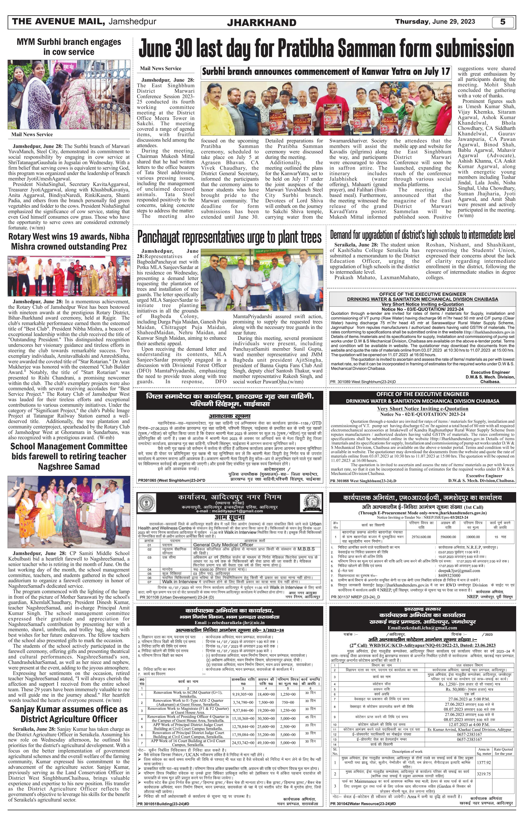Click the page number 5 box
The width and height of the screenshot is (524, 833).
[x=503, y=22]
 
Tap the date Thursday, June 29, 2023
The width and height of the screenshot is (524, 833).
[x=435, y=21]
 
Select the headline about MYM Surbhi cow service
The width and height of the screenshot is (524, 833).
[x=69, y=47]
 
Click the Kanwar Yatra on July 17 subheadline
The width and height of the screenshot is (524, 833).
[x=326, y=72]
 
